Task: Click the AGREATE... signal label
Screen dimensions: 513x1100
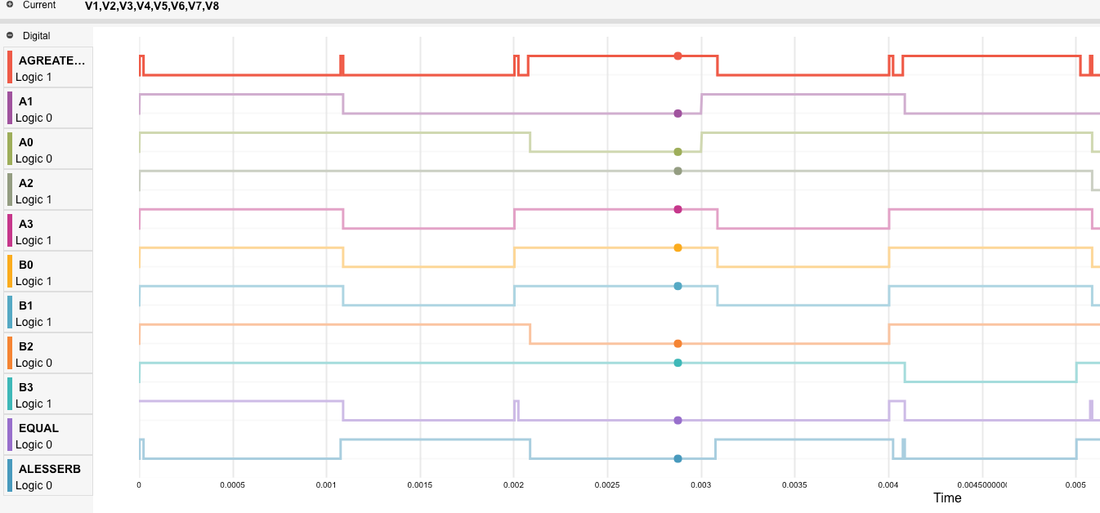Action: tap(51, 60)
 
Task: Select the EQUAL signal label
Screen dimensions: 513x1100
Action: tap(38, 428)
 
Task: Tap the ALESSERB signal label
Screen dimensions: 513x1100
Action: tap(49, 469)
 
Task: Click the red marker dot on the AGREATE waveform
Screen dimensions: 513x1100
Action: tap(677, 56)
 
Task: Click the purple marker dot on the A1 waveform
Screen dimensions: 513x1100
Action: tap(677, 114)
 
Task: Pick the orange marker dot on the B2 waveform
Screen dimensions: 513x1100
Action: tap(677, 344)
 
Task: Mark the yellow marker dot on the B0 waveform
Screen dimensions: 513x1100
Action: tap(677, 248)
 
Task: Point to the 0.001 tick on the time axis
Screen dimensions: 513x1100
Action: tap(326, 484)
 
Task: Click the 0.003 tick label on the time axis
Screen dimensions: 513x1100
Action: tap(700, 484)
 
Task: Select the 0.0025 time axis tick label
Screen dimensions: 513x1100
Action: tap(607, 484)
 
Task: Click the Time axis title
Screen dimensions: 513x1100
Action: tap(947, 497)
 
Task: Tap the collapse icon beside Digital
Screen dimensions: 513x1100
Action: tap(10, 36)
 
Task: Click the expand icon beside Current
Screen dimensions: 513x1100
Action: tap(10, 5)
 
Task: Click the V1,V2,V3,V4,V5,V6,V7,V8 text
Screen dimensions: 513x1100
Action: tap(152, 6)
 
